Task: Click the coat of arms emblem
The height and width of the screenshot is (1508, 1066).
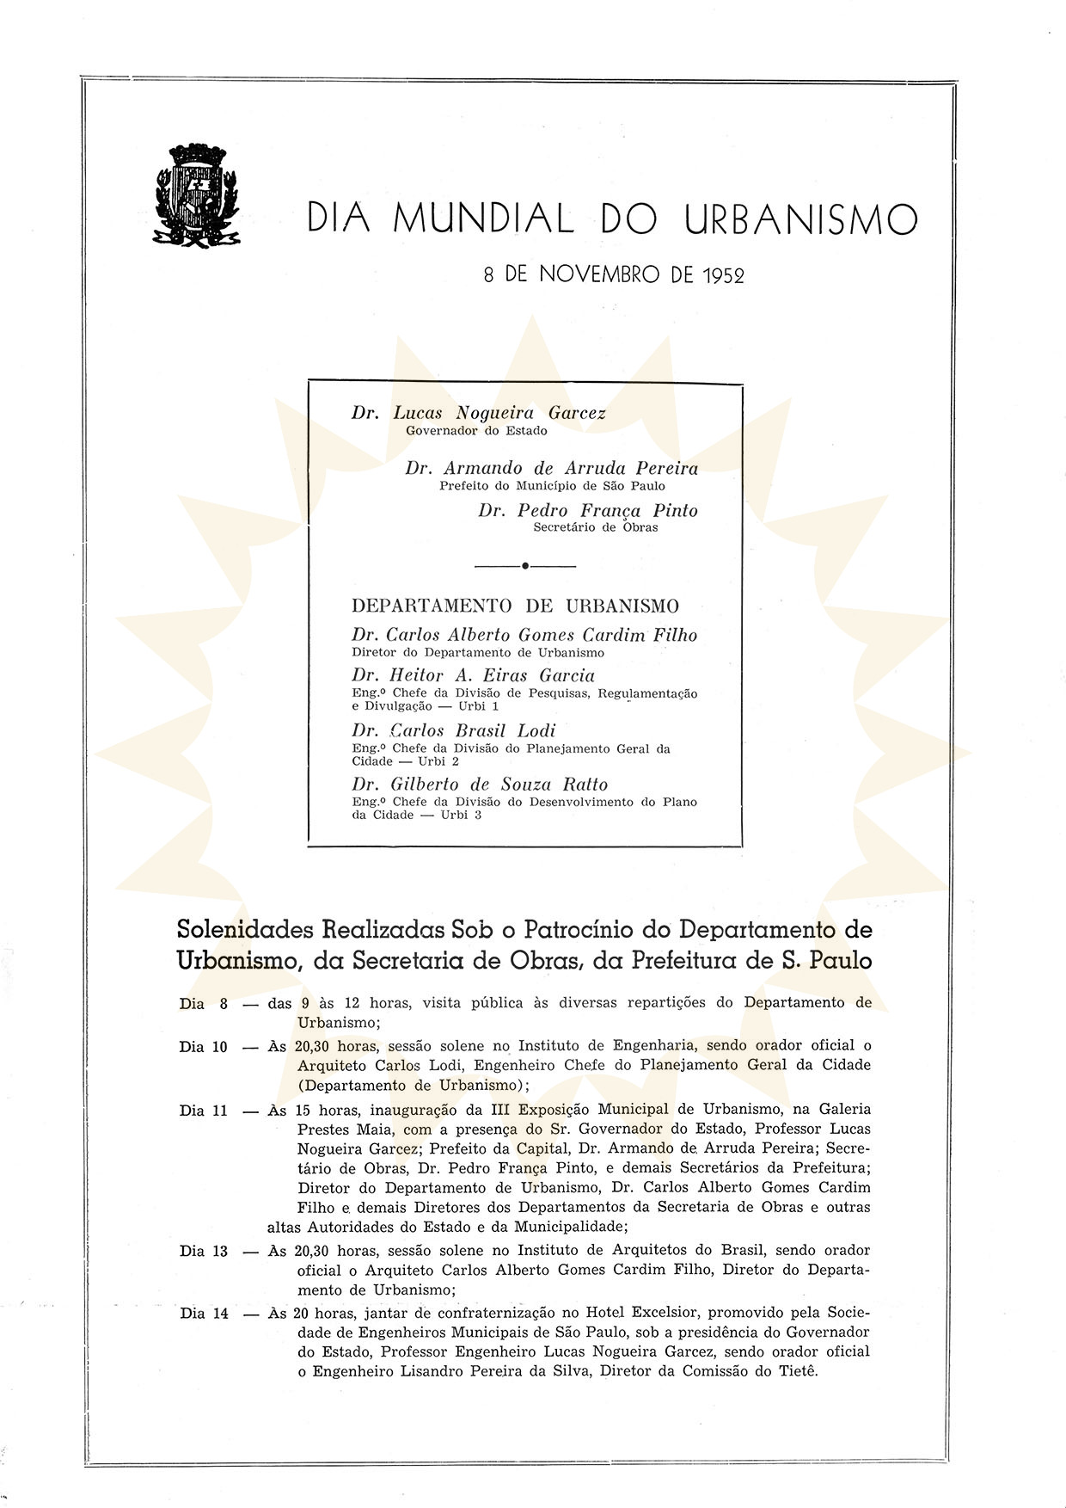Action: [198, 193]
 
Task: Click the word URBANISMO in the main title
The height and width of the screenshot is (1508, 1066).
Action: [800, 219]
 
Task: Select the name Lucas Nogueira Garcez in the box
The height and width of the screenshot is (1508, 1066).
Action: [499, 413]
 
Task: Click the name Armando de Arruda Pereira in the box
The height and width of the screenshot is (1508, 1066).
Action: [571, 469]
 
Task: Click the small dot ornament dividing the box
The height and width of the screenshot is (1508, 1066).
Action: [524, 566]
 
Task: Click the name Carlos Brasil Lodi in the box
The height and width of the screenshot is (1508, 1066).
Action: [472, 730]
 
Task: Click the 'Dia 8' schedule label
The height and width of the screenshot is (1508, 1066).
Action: [204, 1004]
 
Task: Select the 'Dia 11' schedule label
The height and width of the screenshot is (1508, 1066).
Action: [204, 1111]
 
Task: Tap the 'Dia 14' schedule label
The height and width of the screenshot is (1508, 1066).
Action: [204, 1314]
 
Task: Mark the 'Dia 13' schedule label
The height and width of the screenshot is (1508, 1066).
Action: [204, 1251]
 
